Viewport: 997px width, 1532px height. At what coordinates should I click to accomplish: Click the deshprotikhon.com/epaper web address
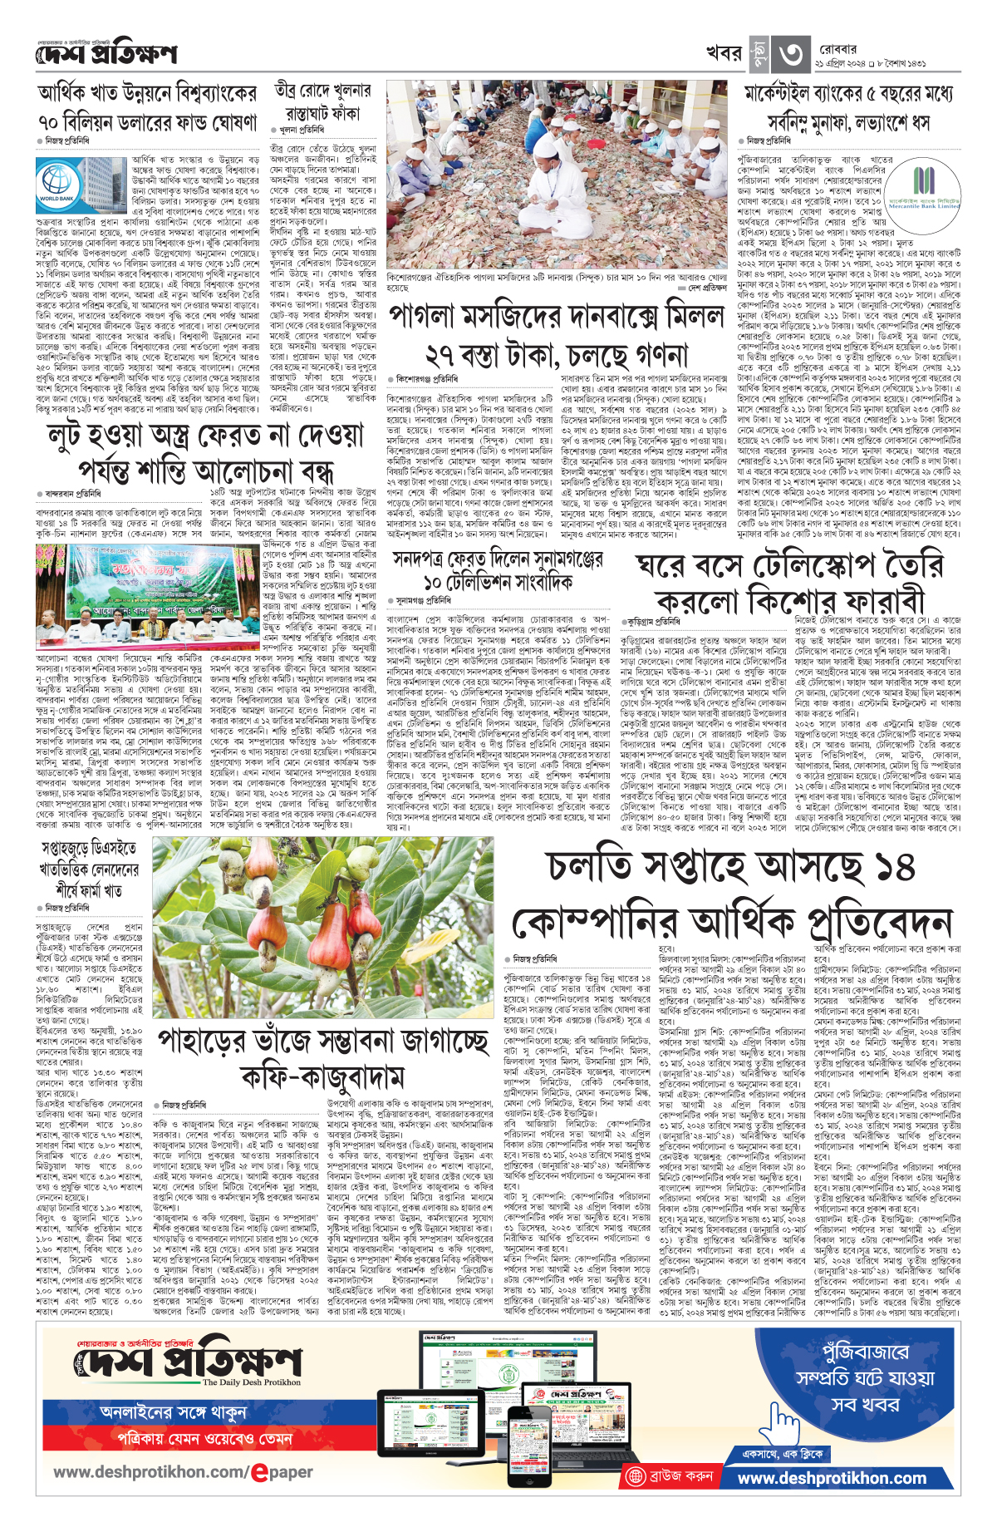coord(183,1471)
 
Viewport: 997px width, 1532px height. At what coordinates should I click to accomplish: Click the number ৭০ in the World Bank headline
coord(47,122)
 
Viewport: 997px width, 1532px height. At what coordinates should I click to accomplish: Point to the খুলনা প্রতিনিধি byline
coord(302,131)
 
